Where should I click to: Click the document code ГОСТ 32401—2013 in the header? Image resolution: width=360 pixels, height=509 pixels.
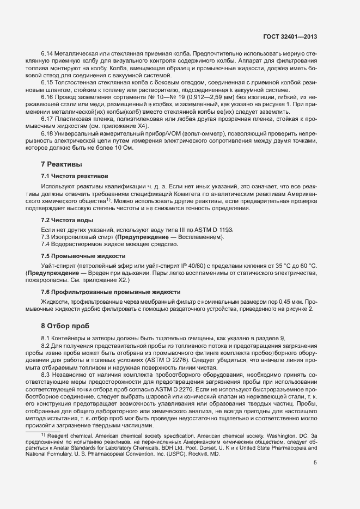click(x=289, y=37)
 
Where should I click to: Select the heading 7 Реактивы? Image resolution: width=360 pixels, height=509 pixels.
click(x=61, y=164)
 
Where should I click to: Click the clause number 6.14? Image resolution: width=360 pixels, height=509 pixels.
click(x=47, y=55)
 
